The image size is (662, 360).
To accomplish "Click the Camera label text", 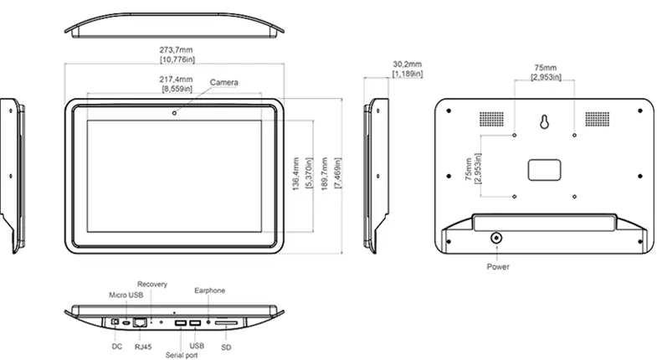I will (224, 82).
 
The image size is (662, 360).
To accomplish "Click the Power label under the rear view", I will (497, 266).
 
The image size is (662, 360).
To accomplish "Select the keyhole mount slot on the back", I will (545, 123).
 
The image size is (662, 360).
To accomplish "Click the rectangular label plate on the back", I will (545, 167).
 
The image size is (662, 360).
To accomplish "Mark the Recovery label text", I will (153, 285).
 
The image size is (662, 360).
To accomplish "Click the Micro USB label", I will (126, 296).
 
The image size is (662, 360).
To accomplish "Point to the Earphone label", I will (210, 291).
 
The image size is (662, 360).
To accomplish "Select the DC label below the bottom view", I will (116, 346).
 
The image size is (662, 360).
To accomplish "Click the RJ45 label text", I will (142, 346).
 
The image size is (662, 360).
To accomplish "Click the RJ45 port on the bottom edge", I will (141, 322).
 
